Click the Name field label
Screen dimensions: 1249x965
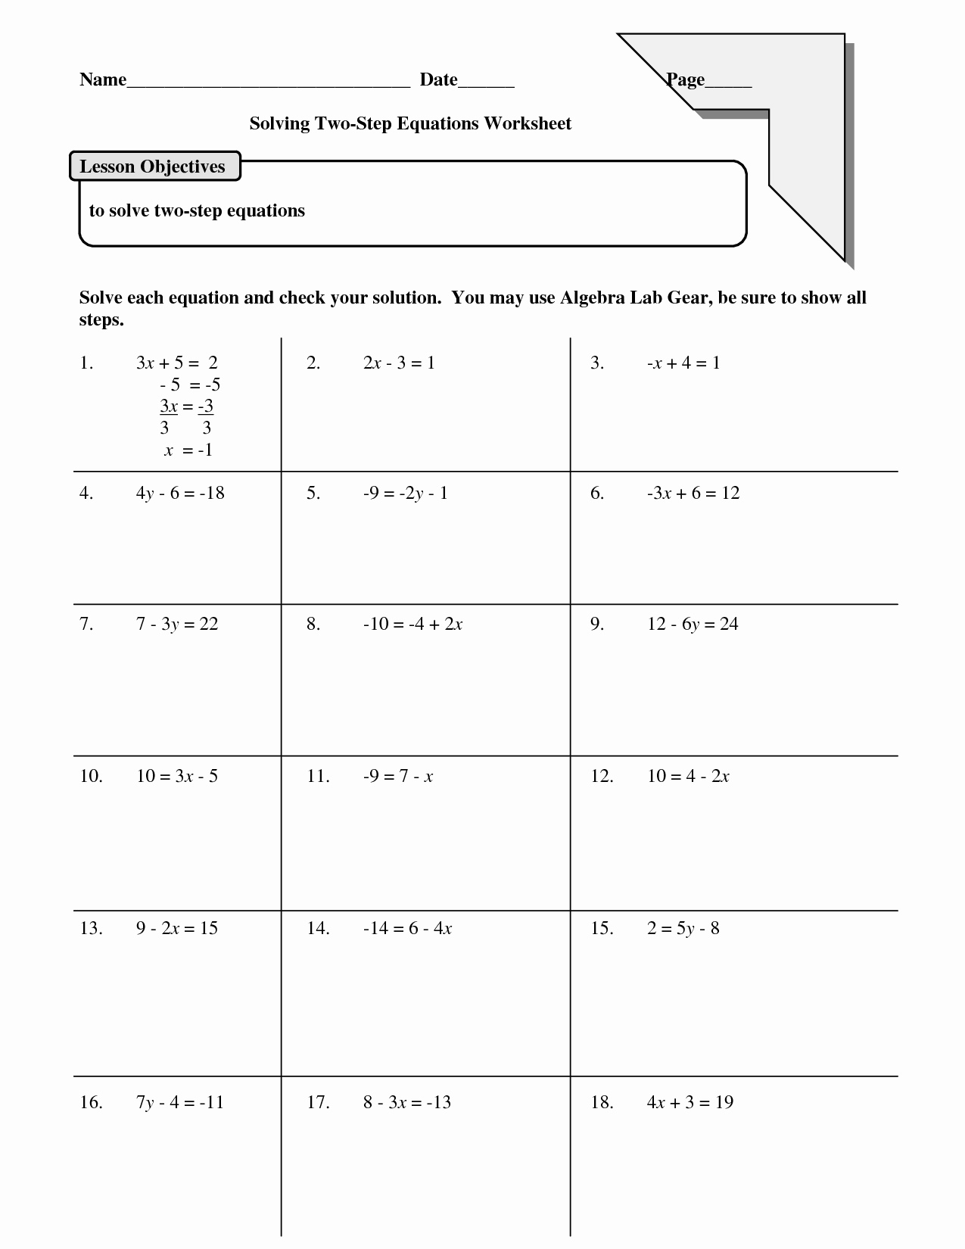tap(103, 79)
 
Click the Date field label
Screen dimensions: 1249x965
tap(439, 79)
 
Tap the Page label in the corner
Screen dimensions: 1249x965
tap(686, 79)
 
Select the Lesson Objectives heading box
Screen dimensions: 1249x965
tap(154, 167)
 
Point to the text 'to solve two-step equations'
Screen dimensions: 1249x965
tap(197, 210)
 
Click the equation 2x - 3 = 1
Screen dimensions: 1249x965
tap(399, 363)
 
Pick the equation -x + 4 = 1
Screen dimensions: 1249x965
tap(683, 363)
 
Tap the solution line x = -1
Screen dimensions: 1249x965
tap(188, 450)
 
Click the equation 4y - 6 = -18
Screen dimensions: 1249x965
tap(180, 493)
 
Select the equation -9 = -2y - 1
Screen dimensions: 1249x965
tap(405, 493)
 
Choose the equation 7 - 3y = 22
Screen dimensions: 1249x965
tap(177, 624)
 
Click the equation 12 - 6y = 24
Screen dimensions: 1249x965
tap(693, 624)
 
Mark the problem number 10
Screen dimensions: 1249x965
tap(91, 776)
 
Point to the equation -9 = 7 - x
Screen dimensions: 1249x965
tap(398, 776)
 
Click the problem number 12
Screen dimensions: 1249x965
tap(602, 776)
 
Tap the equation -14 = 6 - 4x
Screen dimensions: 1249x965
tap(407, 928)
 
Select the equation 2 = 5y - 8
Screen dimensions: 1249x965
tap(683, 928)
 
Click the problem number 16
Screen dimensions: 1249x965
tap(91, 1102)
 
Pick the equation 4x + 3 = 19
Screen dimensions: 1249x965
tap(690, 1102)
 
